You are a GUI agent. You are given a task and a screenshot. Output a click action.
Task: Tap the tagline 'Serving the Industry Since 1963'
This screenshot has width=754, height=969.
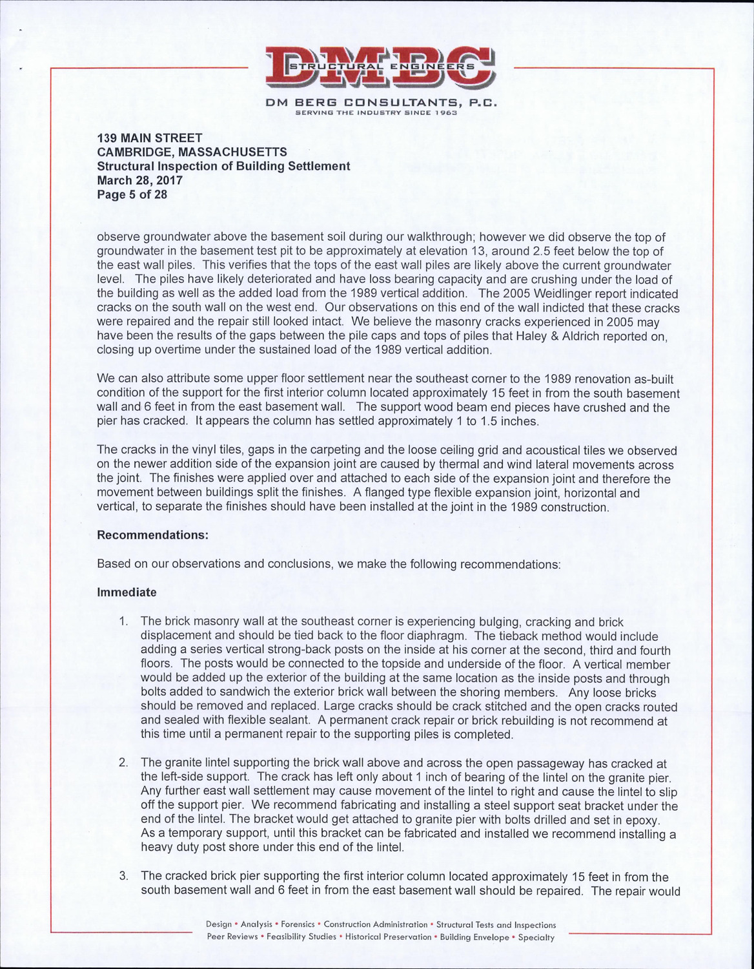[376, 113]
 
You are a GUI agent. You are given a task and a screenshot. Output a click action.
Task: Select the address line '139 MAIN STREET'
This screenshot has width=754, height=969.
[150, 138]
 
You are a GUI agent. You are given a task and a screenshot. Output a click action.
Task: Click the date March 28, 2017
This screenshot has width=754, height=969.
[139, 180]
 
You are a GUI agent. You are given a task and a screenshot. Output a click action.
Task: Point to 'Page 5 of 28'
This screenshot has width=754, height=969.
[132, 194]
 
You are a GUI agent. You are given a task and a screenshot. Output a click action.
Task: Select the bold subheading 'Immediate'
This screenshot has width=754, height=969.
[127, 592]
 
